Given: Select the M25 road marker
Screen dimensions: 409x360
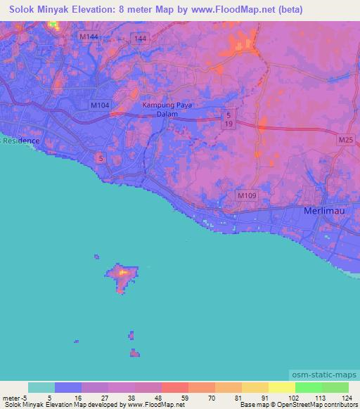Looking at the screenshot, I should [345, 141].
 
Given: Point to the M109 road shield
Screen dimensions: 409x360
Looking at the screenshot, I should [245, 195].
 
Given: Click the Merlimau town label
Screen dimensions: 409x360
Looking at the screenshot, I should [324, 211].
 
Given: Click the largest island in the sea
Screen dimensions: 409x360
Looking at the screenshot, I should [122, 277].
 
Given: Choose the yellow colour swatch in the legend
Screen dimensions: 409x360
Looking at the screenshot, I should [282, 387].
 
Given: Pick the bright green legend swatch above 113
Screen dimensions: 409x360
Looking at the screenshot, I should [309, 387].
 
